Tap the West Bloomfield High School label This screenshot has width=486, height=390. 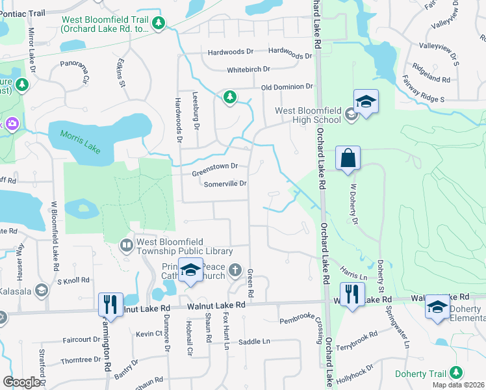point(308,115)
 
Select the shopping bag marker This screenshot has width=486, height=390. point(348,158)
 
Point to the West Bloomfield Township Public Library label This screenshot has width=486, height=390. point(185,246)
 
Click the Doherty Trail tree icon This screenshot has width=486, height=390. point(457,372)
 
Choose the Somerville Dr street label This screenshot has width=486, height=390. point(225,184)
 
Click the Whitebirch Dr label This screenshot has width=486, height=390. point(248,70)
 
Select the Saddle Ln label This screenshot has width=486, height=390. point(254,341)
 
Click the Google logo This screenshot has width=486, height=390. point(21,382)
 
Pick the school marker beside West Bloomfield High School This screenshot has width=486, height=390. point(366,101)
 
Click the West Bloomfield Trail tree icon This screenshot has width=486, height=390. point(159,24)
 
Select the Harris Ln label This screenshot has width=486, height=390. point(354,274)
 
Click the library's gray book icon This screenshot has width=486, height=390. point(127,246)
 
